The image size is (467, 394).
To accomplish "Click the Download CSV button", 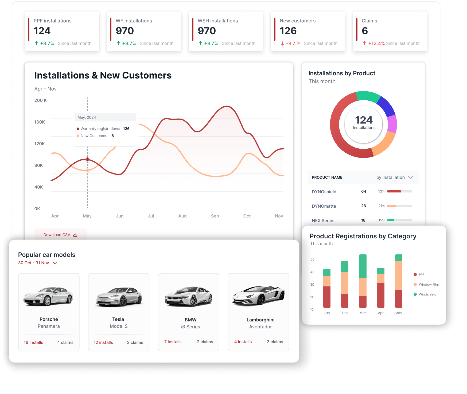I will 60,235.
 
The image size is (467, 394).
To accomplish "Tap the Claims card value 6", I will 365,31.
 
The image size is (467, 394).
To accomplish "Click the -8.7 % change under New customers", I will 291,43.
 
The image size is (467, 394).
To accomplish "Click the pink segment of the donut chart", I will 392,124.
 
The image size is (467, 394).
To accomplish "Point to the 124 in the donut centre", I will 364,120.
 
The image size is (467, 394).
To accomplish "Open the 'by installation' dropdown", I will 394,177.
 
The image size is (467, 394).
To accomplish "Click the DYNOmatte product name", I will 324,206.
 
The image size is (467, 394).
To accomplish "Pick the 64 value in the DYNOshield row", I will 364,191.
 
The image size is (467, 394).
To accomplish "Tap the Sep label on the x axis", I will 215,216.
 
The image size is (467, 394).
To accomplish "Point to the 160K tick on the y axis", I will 40,122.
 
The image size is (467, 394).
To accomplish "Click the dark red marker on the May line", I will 87,159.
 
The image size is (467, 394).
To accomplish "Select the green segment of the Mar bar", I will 363,266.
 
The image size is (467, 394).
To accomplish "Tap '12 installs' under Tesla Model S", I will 103,342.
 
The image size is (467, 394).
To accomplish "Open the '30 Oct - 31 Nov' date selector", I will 37,263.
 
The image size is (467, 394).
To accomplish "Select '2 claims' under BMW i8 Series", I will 205,342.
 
